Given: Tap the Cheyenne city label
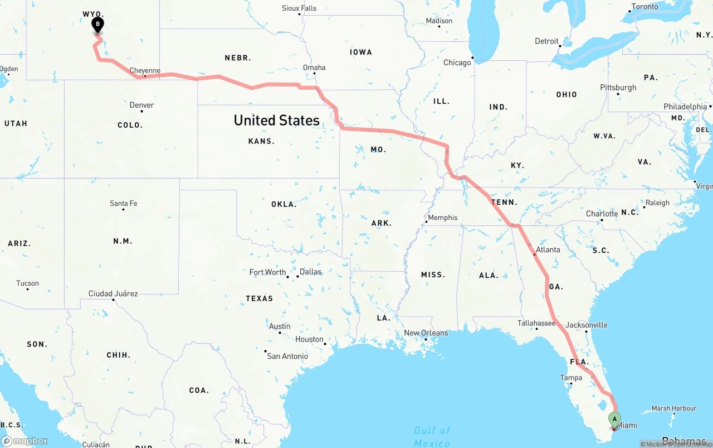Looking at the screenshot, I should (145, 71).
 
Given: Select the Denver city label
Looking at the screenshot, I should (141, 105).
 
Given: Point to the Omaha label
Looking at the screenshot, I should (314, 68).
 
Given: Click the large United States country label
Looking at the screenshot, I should (276, 120).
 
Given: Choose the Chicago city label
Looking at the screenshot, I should (457, 62).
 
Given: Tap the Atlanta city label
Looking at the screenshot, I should (548, 249).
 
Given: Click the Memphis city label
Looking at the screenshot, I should (442, 218).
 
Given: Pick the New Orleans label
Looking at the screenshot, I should (426, 333).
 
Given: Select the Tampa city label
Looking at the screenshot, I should (571, 378).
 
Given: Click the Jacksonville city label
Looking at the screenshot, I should (587, 325).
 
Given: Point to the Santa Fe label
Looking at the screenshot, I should (123, 203).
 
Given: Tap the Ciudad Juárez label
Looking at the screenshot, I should (113, 293).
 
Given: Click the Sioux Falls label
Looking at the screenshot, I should (299, 8).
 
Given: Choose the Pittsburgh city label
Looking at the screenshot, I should (618, 88).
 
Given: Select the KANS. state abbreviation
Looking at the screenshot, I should (261, 141).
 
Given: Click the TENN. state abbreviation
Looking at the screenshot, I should (504, 202).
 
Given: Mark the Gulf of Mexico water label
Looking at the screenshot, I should (432, 436).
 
